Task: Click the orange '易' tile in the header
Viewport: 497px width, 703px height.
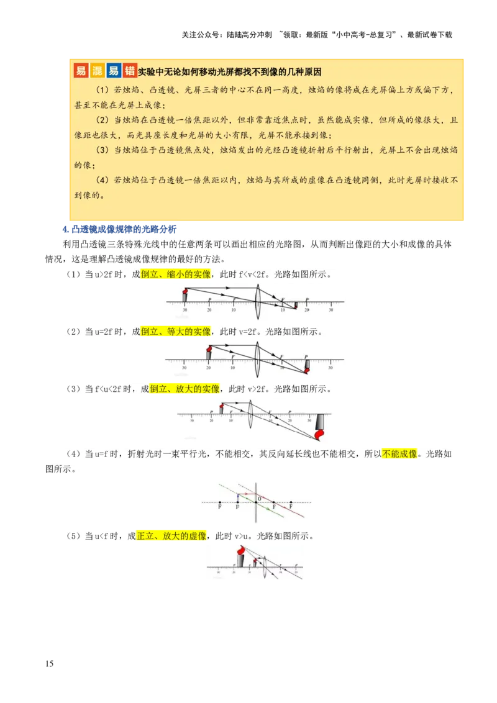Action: [81, 70]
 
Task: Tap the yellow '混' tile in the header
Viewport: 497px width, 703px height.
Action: [97, 70]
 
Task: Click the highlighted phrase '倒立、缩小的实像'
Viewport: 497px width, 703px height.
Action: [176, 274]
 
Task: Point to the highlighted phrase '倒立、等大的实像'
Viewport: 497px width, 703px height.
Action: [176, 332]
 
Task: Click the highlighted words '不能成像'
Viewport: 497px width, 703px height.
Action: [399, 454]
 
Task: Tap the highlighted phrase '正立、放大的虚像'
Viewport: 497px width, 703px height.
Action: [171, 535]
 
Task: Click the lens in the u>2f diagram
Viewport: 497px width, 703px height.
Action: [258, 302]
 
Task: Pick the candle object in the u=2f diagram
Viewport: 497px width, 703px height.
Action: [209, 353]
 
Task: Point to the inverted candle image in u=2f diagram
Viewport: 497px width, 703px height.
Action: [306, 366]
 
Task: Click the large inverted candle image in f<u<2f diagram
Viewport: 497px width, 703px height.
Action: [320, 425]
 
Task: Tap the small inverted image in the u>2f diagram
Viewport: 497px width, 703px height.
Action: [296, 305]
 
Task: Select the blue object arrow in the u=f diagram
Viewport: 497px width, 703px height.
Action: [238, 498]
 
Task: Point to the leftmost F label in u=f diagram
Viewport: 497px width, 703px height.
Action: [220, 507]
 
